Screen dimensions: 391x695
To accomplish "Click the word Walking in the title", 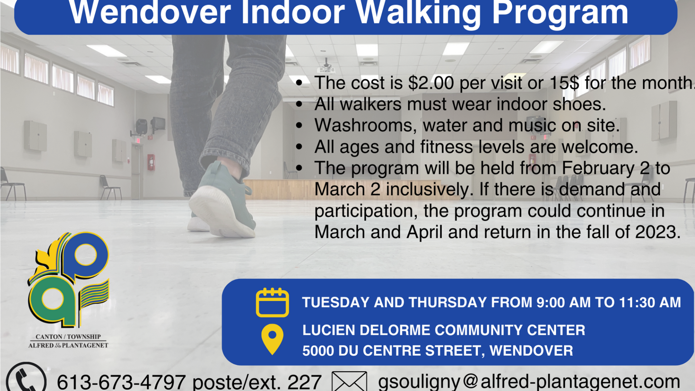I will [418, 13].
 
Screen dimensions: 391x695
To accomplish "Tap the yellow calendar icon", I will [272, 302].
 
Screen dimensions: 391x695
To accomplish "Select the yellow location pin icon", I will [272, 339].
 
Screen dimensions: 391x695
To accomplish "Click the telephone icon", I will [26, 378].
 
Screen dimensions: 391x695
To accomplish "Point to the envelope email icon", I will [349, 381].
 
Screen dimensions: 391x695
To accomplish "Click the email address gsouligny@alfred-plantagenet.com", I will [529, 381].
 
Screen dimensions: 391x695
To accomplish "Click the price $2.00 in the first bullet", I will [431, 83].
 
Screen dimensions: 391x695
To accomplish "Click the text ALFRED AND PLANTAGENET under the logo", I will [68, 345].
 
